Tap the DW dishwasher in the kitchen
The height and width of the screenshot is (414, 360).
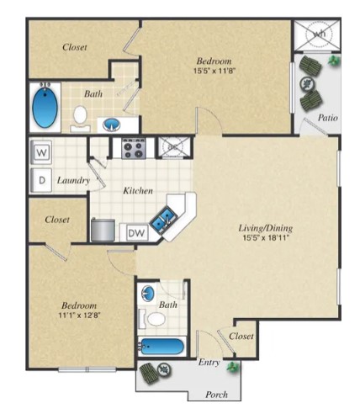(x=135, y=232)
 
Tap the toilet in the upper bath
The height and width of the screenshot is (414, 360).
(x=79, y=116)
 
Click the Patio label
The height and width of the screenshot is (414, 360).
(x=328, y=118)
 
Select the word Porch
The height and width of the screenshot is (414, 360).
(x=218, y=394)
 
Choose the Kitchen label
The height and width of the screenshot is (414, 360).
(x=137, y=191)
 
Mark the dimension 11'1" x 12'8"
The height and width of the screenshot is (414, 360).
(x=77, y=316)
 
